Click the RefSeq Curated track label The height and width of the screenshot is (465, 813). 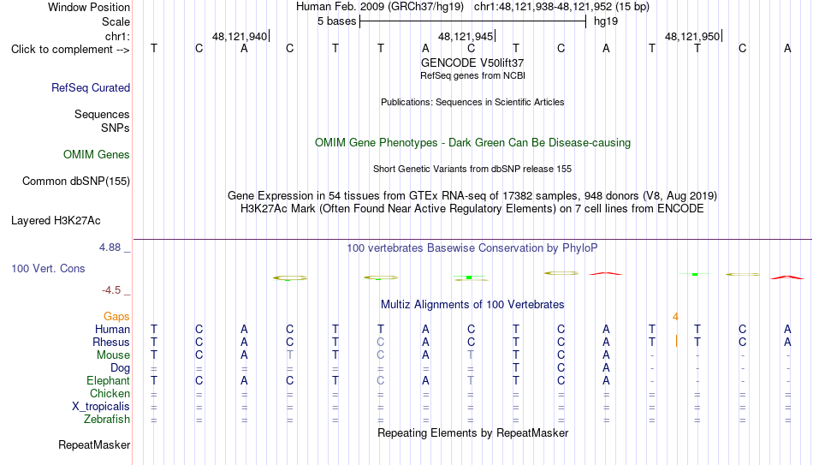pos(91,87)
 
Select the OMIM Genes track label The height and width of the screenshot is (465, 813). pos(97,155)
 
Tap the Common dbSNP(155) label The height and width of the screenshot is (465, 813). pos(76,182)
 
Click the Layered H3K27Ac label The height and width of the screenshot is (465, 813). pos(56,221)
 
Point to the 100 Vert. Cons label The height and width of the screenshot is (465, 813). pos(48,268)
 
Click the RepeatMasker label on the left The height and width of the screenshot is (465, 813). pos(94,444)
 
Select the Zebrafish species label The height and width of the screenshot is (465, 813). pos(107,420)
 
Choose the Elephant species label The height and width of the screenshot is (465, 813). pos(109,380)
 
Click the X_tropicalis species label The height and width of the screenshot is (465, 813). pos(101,407)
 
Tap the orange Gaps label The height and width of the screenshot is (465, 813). pos(116,317)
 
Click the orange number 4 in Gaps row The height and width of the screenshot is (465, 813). pos(675,317)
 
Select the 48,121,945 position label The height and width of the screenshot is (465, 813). pos(466,36)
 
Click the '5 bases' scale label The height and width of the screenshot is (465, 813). pos(337,21)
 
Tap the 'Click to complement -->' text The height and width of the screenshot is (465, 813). pos(70,50)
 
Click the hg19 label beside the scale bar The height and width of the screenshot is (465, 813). pos(606,21)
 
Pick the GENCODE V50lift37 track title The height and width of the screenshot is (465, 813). pos(472,63)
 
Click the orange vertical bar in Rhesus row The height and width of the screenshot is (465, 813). pos(676,342)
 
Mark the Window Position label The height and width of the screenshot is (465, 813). pos(89,7)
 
